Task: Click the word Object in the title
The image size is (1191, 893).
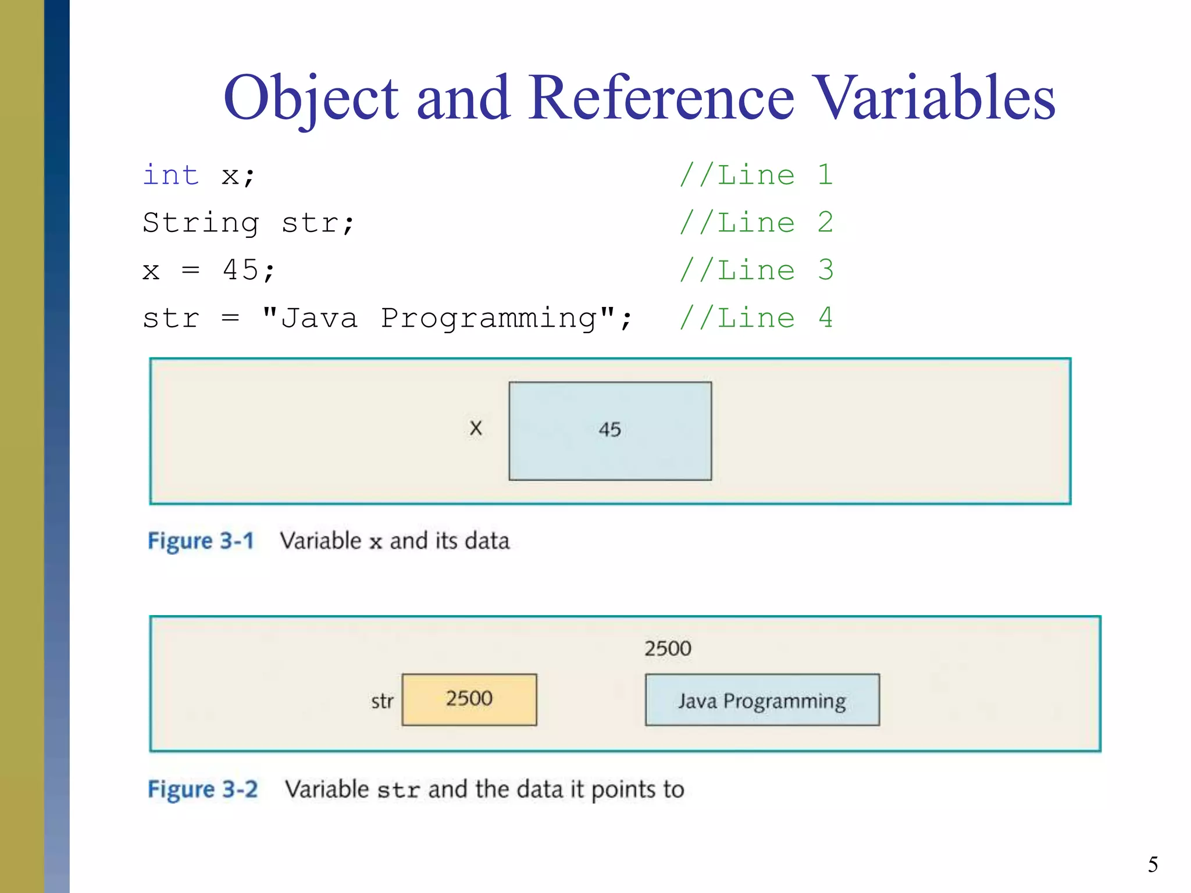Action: coord(311,99)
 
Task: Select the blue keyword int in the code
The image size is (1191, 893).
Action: coord(171,175)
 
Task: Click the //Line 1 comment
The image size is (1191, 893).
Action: coord(756,175)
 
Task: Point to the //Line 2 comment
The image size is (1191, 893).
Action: coord(756,223)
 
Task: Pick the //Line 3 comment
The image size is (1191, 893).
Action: coord(756,270)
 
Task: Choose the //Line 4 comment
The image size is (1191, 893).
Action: coord(756,318)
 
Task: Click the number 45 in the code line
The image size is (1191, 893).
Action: coord(241,270)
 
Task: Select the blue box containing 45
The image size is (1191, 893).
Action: coord(610,431)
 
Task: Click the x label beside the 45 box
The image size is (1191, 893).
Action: coord(476,428)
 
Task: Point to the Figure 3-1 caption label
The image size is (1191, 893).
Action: coord(201,541)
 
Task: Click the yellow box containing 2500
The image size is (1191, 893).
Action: coord(469,699)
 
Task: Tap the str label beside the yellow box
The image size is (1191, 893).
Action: coord(382,701)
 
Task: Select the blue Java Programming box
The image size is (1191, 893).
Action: coord(762,700)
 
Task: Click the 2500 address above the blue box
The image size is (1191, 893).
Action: coord(668,648)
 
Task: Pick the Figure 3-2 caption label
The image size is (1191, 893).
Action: coord(202,790)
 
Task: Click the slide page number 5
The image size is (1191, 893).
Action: coord(1153,865)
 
